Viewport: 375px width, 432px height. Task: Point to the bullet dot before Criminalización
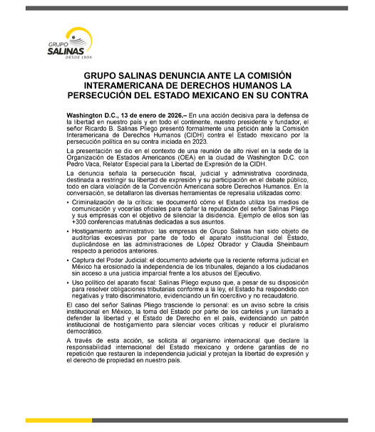(x=67, y=204)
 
